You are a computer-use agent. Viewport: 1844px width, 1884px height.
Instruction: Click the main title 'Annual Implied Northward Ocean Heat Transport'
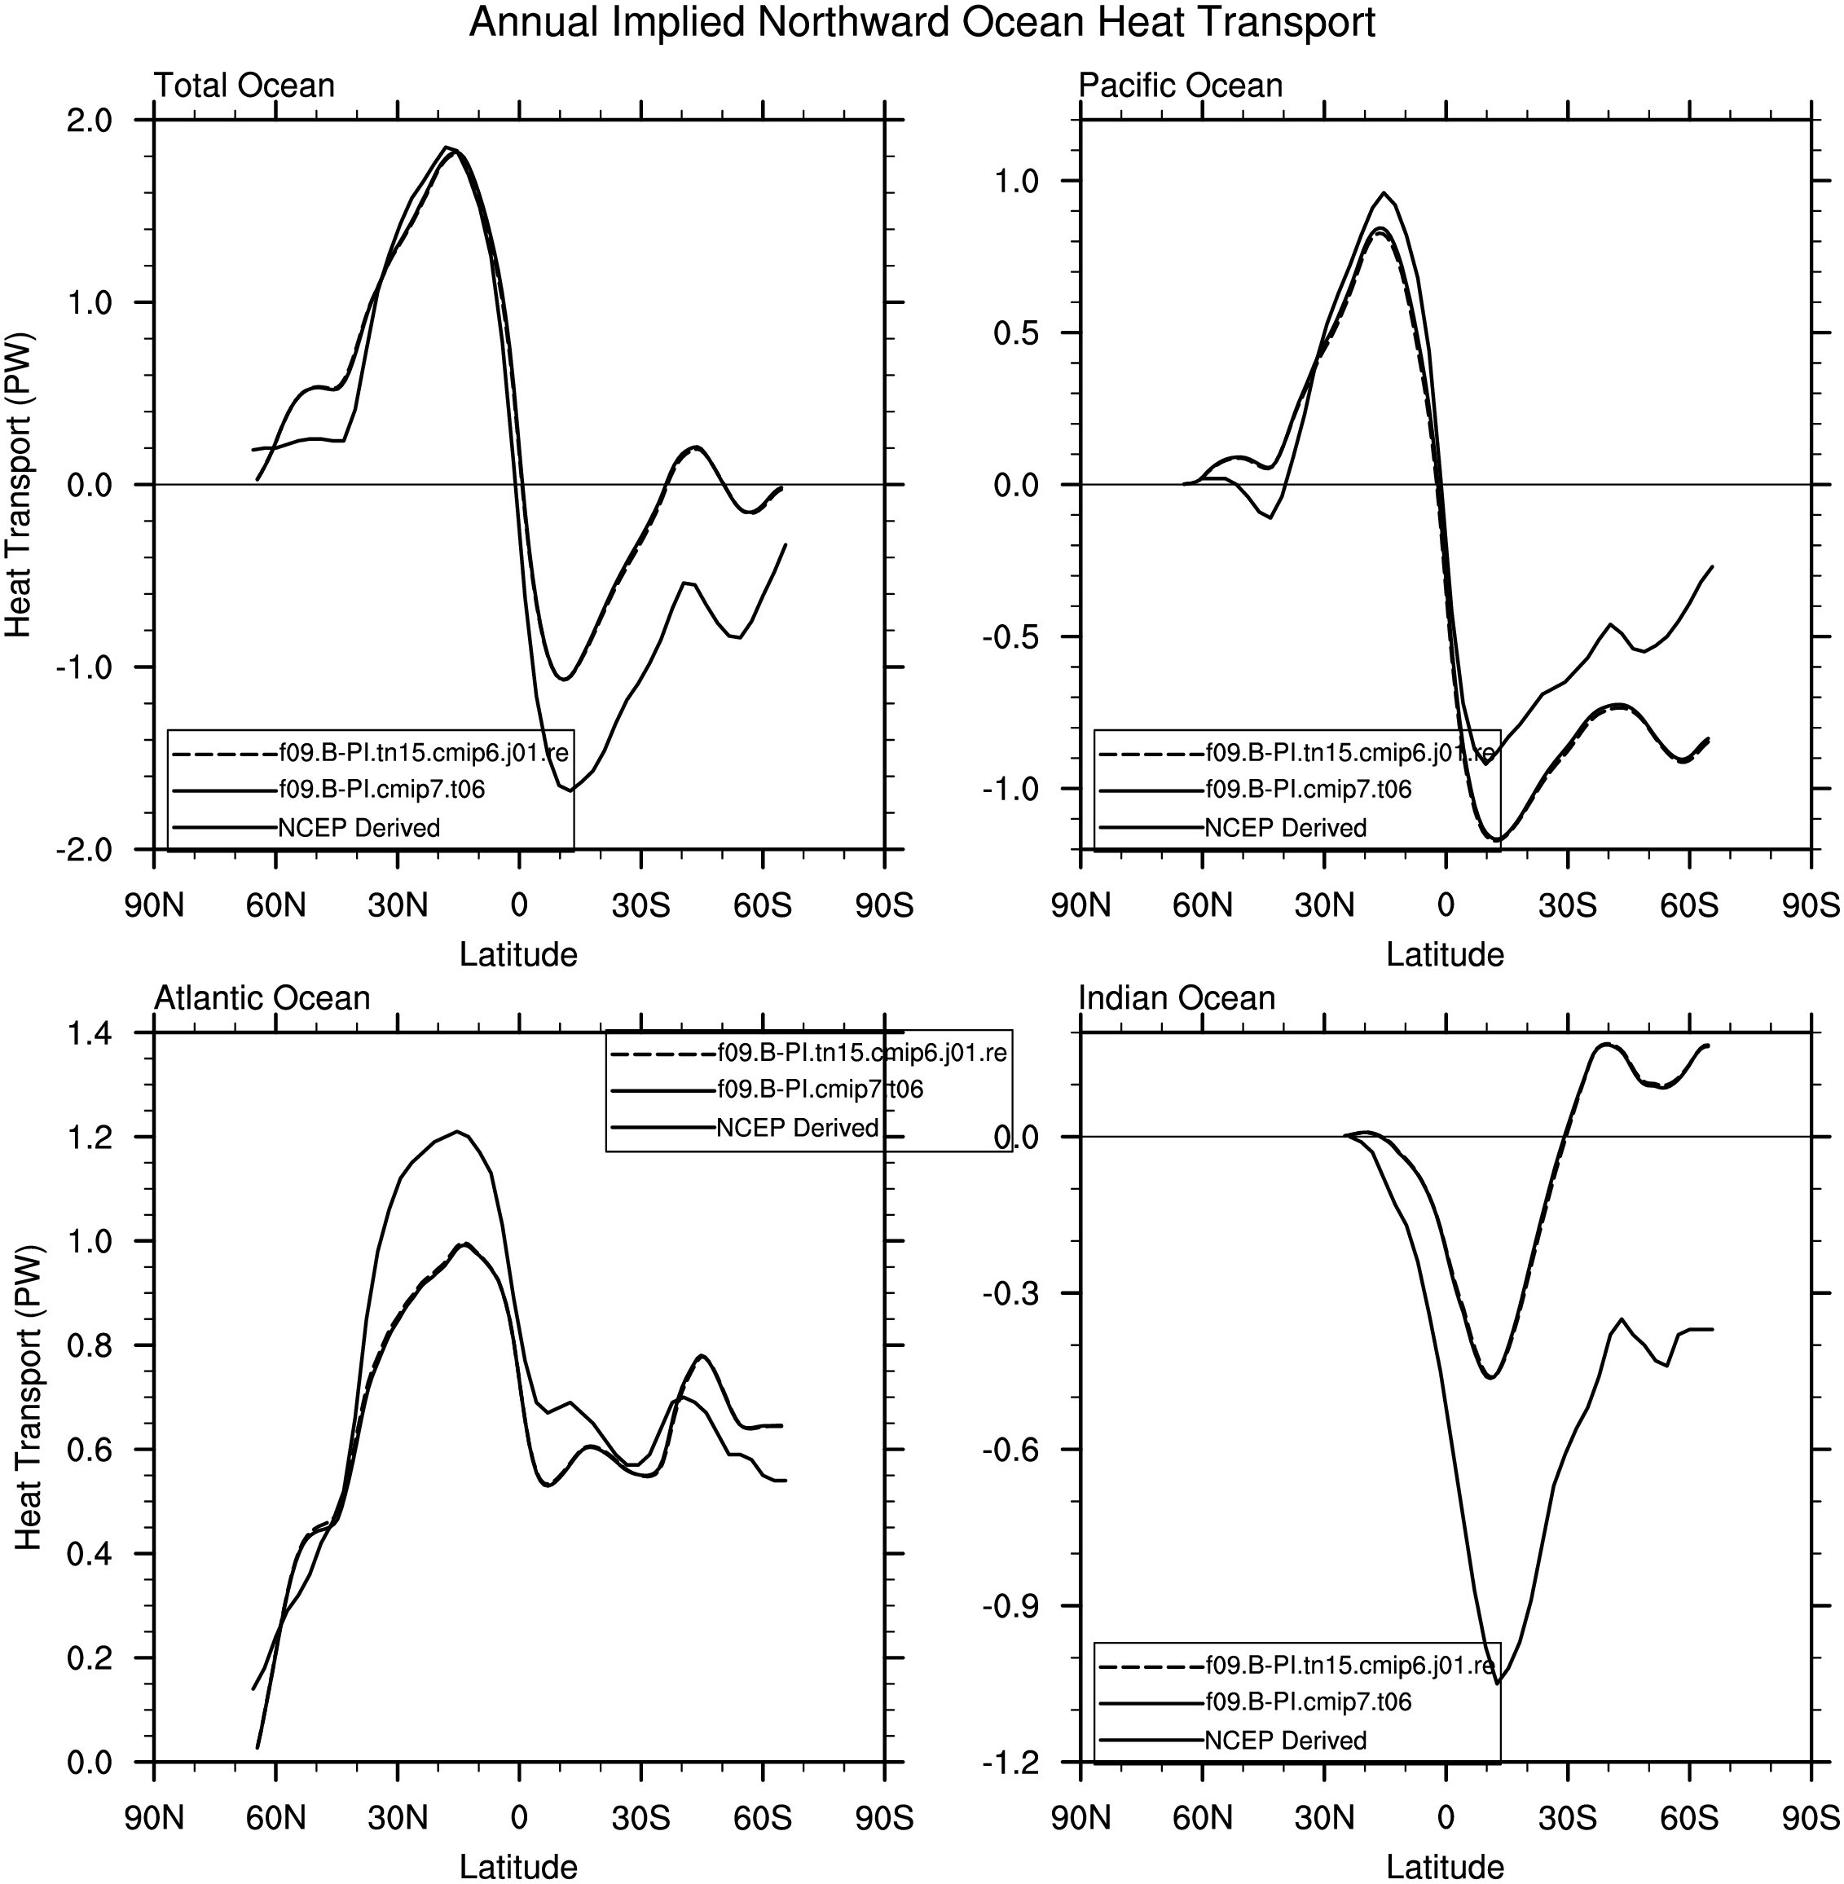922,22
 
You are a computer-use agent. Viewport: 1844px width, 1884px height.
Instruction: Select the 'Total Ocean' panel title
244,86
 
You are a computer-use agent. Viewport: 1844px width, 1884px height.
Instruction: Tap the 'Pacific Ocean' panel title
1181,86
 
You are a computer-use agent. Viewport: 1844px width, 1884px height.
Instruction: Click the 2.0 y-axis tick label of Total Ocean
89,121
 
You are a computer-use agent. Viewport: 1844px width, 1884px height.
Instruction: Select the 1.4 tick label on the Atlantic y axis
89,1033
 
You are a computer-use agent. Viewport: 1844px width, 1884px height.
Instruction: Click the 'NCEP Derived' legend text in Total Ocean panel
359,828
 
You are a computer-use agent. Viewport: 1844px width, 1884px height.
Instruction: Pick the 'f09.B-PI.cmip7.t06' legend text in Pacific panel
1308,790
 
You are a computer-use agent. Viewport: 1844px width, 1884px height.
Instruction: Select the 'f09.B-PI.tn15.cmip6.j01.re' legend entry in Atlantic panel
862,1053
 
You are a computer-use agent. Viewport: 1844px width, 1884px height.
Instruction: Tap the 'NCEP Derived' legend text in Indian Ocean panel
1285,1741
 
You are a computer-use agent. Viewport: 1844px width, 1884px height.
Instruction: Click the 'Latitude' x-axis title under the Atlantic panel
518,1867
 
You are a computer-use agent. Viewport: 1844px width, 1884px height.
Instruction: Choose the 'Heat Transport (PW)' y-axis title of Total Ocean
20,484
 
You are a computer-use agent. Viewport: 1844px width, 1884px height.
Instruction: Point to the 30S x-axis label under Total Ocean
640,905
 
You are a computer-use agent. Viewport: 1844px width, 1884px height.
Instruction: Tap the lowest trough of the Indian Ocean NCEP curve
1496,1684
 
